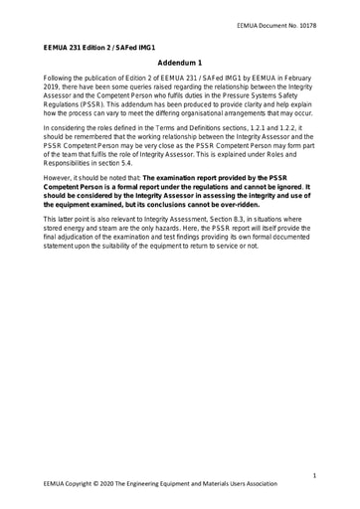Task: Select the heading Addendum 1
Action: pos(180,62)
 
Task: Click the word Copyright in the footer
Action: pos(86,484)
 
